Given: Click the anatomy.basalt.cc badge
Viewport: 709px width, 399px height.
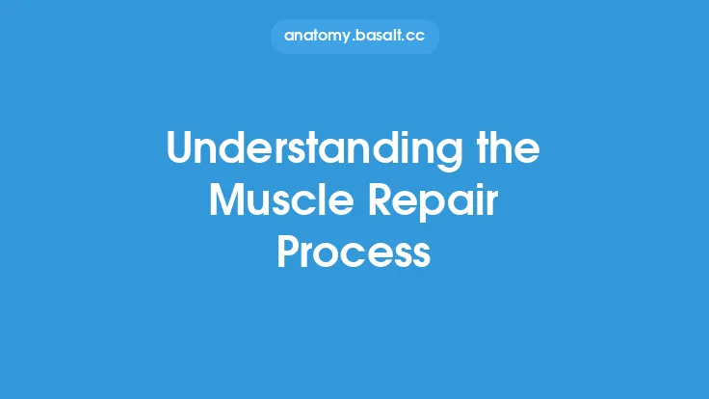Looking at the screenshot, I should (x=354, y=36).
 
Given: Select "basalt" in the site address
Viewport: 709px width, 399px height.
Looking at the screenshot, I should (x=380, y=36).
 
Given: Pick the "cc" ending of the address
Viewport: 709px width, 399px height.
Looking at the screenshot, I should (x=416, y=36).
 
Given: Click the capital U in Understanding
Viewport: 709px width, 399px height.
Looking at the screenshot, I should (x=181, y=150).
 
